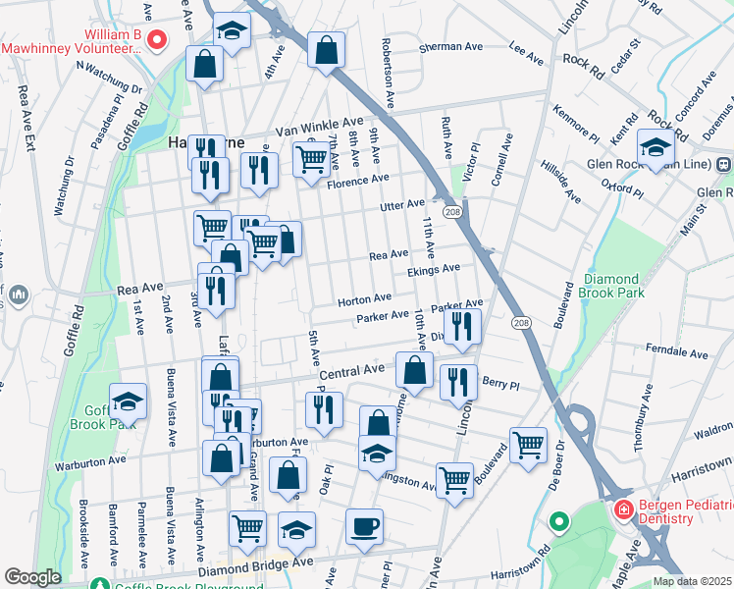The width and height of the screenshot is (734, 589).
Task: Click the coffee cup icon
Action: click(x=364, y=526)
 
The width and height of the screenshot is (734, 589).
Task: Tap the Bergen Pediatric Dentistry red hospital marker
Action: click(x=622, y=510)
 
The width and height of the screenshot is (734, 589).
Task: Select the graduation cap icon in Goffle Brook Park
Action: click(x=128, y=401)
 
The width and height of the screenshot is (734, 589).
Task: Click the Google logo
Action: click(x=32, y=577)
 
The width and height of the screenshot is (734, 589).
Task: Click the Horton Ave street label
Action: click(x=365, y=297)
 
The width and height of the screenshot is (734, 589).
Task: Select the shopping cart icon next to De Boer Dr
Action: click(x=528, y=444)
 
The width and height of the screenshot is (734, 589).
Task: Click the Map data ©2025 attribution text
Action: click(x=692, y=581)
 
